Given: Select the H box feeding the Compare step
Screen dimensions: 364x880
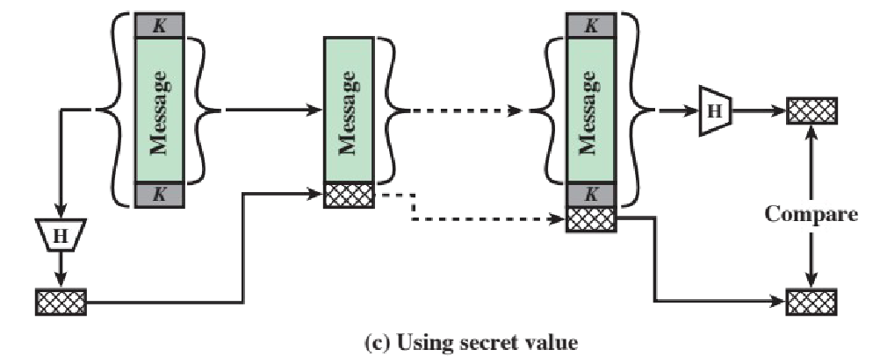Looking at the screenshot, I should point(713,111).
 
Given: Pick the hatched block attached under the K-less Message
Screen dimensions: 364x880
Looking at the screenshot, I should point(349,195).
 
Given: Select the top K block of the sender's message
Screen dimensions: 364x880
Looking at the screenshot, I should point(158,26).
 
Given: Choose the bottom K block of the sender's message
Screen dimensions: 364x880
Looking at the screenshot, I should point(158,194).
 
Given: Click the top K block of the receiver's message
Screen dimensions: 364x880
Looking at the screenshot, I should point(591,26).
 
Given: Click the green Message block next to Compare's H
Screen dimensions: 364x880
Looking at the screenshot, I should point(591,110).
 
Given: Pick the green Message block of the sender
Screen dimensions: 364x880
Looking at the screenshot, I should point(158,110).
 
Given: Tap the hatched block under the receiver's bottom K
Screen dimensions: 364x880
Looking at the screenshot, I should point(591,219).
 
